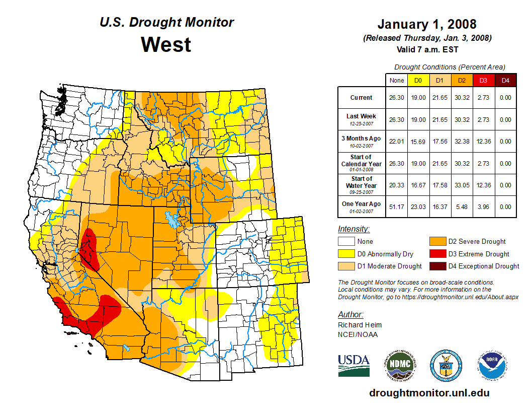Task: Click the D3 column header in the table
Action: [x=483, y=80]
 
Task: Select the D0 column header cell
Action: [x=418, y=80]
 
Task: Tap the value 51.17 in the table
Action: [x=396, y=207]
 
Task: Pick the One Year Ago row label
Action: [x=362, y=203]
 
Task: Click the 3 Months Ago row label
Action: [x=362, y=139]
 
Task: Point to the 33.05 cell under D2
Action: [x=462, y=185]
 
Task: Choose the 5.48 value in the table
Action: [x=462, y=207]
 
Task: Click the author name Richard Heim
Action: [x=360, y=325]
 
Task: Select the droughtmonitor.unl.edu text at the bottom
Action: [x=429, y=393]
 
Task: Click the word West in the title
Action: [x=166, y=44]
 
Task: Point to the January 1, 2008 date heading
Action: [x=427, y=24]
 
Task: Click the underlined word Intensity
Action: [x=353, y=229]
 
